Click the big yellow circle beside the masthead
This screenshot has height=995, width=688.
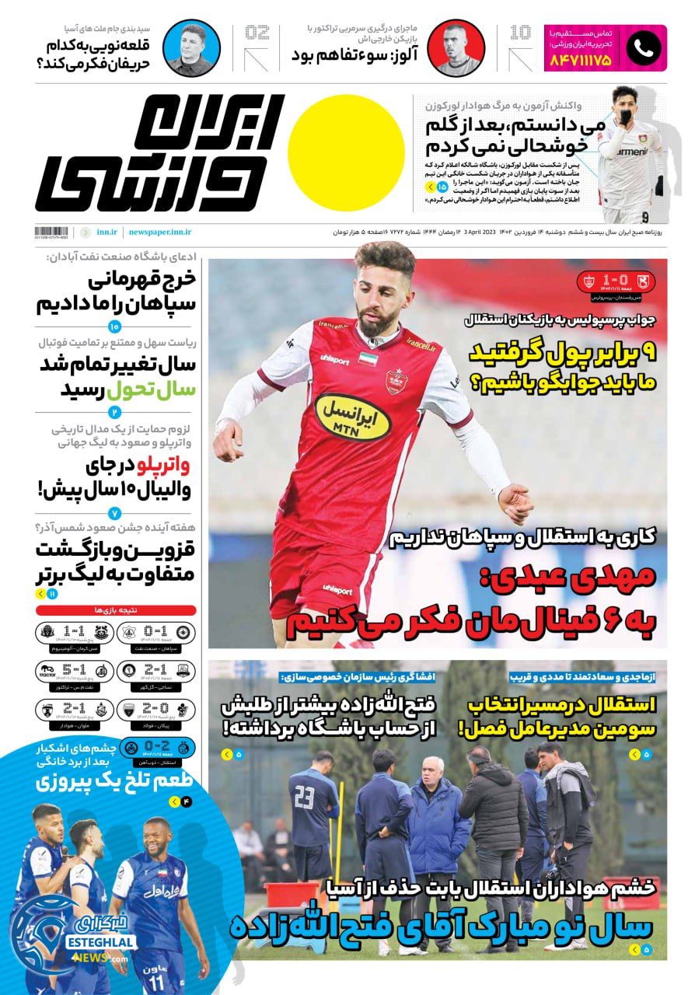coord(351,153)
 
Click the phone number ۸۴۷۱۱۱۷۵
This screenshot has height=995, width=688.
coord(581,58)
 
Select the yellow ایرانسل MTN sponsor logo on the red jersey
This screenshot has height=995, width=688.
coord(352,416)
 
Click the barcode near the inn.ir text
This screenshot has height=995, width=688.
coord(53,232)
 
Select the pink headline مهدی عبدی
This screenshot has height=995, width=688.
coord(579,578)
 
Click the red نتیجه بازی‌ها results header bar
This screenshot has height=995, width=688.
coord(116,610)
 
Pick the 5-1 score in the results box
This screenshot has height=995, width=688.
coord(74,670)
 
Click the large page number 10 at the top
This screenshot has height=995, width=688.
coord(520,33)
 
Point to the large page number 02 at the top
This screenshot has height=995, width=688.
coord(257,33)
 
